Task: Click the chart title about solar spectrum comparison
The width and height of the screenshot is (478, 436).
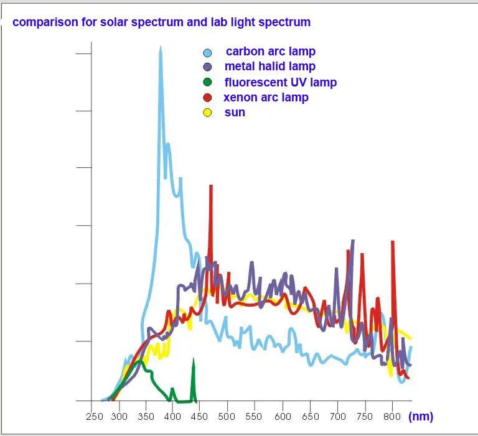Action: (x=161, y=22)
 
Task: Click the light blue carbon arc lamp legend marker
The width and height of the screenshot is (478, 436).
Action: (x=208, y=53)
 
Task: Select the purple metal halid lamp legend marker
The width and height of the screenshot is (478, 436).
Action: (x=208, y=67)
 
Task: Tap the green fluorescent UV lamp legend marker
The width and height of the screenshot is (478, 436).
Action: (x=208, y=83)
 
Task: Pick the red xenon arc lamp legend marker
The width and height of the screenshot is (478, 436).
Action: (x=208, y=98)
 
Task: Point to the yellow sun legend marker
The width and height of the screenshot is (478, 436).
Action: (x=208, y=113)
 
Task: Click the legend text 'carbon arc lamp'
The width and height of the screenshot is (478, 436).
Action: (x=270, y=52)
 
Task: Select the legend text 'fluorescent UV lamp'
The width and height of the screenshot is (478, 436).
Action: (x=280, y=82)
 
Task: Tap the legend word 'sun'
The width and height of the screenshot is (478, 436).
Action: (x=235, y=113)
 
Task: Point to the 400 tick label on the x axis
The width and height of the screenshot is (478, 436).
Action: (x=172, y=416)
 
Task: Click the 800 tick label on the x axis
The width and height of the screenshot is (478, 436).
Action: (x=391, y=416)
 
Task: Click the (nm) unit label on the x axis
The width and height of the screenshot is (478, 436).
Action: (x=421, y=416)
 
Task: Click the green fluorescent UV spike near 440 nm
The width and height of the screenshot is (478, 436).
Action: (x=193, y=361)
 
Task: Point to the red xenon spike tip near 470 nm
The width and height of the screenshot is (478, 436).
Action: (x=211, y=186)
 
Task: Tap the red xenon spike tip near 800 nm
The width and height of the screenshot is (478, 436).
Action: (x=392, y=242)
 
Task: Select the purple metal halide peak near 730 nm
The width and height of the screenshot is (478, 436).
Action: (x=352, y=240)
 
